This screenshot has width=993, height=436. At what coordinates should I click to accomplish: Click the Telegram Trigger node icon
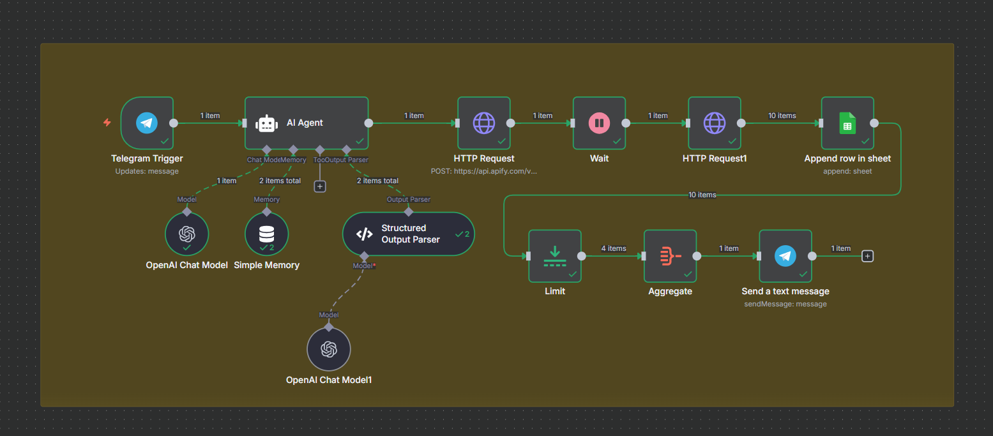[147, 123]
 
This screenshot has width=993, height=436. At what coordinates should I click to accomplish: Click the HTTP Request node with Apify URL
[484, 123]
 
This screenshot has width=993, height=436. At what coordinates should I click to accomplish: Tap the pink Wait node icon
[599, 123]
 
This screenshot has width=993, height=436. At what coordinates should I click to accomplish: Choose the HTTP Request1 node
[714, 123]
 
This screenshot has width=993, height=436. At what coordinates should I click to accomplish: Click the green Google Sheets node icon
[847, 123]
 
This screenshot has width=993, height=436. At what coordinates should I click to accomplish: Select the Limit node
[554, 256]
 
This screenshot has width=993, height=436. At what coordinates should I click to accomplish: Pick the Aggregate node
[670, 256]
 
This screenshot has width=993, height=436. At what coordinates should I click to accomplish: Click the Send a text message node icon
[785, 256]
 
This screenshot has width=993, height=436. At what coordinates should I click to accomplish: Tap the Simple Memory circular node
[266, 234]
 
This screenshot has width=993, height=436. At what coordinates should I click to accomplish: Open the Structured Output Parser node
[409, 234]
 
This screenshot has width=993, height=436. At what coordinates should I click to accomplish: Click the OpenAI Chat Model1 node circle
[329, 349]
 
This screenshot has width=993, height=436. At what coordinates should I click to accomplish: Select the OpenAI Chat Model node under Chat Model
[186, 234]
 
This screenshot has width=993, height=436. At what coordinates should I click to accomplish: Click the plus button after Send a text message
[867, 256]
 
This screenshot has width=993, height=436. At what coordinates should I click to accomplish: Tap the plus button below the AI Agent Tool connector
[320, 186]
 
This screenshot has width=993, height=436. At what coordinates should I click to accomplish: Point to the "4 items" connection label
[613, 248]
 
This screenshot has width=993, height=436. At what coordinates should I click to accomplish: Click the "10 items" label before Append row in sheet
[782, 116]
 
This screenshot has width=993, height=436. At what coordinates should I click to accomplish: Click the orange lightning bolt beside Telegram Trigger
[107, 123]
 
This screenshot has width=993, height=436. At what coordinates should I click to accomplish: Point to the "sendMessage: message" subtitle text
[785, 304]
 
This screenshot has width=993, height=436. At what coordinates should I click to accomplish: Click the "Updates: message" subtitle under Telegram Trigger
[147, 171]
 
